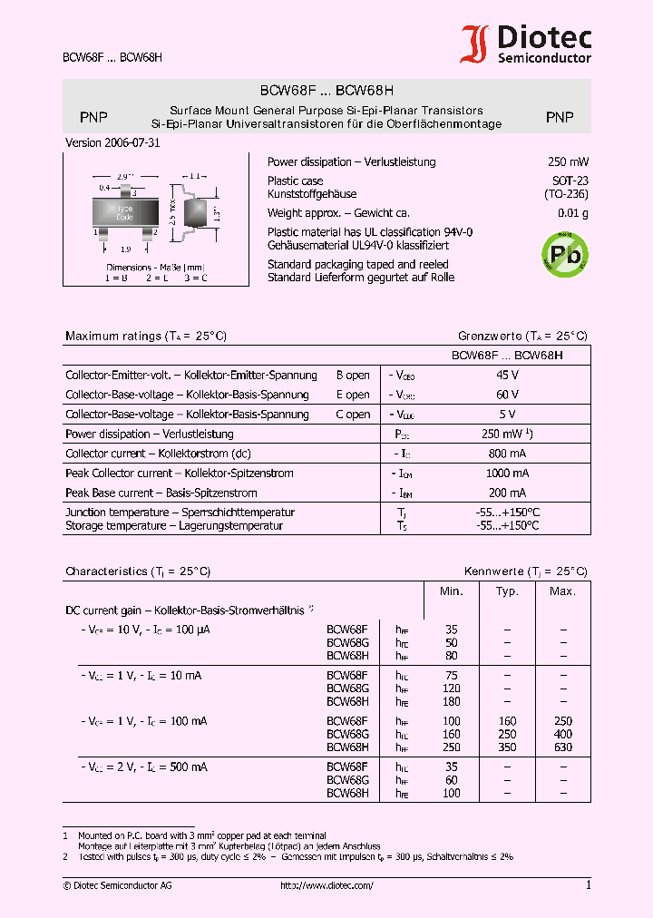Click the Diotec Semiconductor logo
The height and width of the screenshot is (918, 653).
tap(526, 44)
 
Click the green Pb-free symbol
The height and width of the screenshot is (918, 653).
tap(563, 253)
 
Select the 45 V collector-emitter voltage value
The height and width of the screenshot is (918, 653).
tap(508, 375)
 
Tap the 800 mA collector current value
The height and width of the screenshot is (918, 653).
tap(508, 454)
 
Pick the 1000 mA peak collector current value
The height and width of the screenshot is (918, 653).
tap(508, 474)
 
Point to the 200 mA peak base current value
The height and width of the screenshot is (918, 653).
tap(508, 493)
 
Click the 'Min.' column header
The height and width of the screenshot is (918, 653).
tap(452, 591)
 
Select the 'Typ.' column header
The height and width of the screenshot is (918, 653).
tap(507, 591)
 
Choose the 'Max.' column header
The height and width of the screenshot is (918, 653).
tap(562, 591)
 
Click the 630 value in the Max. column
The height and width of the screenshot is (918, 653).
tap(562, 747)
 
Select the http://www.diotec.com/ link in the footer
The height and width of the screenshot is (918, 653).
tap(326, 886)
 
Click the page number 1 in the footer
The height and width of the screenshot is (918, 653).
tap(588, 885)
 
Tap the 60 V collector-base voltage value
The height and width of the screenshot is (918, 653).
tap(508, 395)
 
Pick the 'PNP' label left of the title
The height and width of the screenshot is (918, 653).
tap(93, 117)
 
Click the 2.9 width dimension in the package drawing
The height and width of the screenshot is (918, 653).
tap(125, 175)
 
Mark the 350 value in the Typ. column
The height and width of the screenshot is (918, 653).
tap(507, 747)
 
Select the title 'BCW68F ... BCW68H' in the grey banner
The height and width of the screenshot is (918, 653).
tap(326, 91)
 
